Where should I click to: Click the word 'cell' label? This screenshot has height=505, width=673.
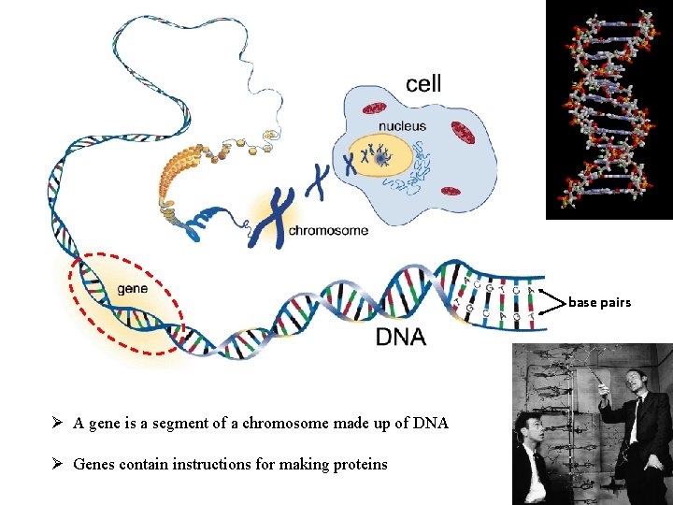(423, 83)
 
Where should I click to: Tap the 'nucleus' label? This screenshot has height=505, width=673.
(402, 125)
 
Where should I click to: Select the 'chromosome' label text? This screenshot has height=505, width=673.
(327, 230)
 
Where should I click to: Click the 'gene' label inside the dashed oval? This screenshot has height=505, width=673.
(132, 288)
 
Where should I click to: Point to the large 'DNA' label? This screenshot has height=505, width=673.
(400, 337)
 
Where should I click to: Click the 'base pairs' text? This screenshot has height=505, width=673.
(599, 302)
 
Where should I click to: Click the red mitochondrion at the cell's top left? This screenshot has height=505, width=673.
(375, 108)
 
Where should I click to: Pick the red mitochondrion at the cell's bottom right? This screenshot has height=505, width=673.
(451, 192)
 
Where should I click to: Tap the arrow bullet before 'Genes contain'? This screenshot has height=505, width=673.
(58, 464)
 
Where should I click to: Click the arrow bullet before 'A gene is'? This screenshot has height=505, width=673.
(58, 423)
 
